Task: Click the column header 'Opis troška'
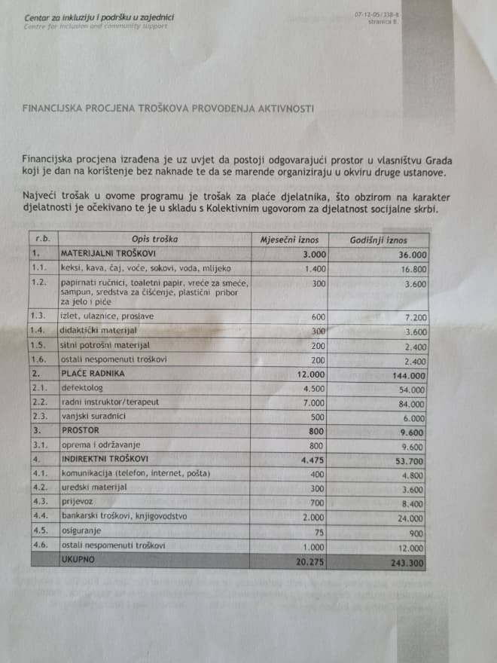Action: point(154,239)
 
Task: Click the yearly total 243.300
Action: point(407,561)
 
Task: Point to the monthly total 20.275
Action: point(303,561)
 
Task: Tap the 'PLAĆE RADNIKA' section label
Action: point(93,373)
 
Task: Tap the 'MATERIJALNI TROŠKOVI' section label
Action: point(108,253)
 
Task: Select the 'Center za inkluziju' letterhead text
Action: point(61,17)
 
